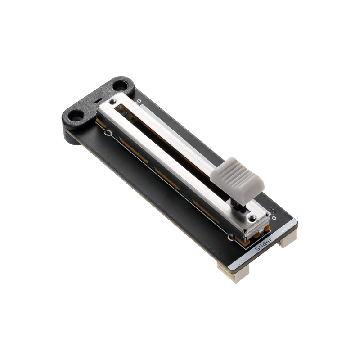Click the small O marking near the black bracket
click(139, 102)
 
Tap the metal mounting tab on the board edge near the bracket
click(109, 133)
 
